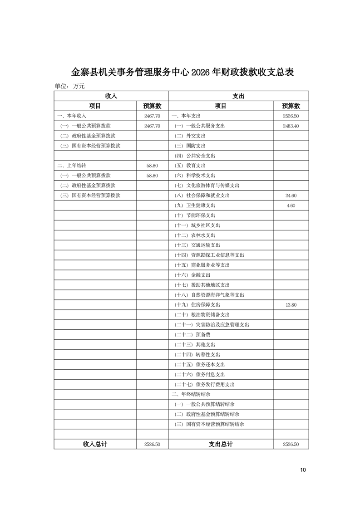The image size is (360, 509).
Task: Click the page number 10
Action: point(303,470)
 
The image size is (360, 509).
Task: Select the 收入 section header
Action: point(111,96)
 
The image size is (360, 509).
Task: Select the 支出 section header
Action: point(238,96)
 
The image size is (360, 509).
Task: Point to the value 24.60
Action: point(291,196)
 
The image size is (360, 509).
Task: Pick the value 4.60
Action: point(291,206)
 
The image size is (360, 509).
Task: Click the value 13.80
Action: point(291,305)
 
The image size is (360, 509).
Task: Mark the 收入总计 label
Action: point(95,444)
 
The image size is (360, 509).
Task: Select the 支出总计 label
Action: point(221,444)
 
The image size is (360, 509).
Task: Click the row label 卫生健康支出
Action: point(195,206)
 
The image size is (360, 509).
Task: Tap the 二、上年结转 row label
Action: point(72,166)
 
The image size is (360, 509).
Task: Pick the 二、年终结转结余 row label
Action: point(191,394)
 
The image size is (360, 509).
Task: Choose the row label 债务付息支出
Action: point(200,375)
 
